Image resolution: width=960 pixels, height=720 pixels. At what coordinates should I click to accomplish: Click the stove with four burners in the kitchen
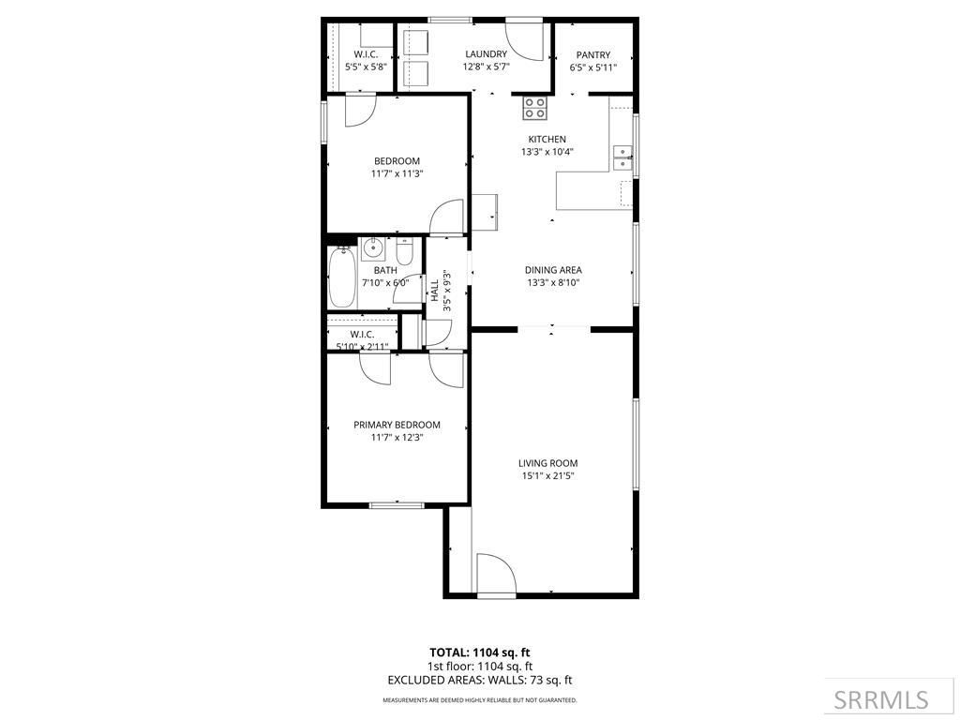point(535,109)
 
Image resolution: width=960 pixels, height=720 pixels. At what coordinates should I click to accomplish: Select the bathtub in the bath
point(343,277)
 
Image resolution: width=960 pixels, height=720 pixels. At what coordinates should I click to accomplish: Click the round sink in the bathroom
point(372,248)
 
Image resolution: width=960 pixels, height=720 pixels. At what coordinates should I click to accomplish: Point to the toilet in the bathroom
point(403,253)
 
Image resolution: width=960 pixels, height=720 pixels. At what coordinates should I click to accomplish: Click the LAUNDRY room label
point(486,54)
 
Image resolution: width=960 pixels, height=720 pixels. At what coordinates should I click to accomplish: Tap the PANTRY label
point(592,54)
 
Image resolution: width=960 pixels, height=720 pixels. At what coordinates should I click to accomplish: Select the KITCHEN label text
point(547,140)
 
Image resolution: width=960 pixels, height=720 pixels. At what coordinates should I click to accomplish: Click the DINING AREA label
point(553,270)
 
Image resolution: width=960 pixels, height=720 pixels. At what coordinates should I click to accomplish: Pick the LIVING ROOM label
point(547,463)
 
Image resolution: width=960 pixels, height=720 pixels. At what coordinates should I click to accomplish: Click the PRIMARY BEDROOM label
point(397,425)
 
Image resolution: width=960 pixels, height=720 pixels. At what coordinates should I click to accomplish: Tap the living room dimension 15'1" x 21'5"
point(547,476)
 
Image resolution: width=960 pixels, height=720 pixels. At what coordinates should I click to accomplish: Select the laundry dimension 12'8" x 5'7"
point(486,67)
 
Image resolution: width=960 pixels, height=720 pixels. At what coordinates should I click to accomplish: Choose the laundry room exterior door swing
point(525,40)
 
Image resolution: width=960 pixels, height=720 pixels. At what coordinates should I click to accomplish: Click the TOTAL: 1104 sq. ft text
point(479,652)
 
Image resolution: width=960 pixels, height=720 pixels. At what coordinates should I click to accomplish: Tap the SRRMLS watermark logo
point(881,699)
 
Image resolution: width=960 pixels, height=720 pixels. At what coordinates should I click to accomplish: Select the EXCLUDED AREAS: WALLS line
point(479,680)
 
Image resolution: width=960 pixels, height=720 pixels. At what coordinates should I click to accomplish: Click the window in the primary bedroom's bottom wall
point(396,506)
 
